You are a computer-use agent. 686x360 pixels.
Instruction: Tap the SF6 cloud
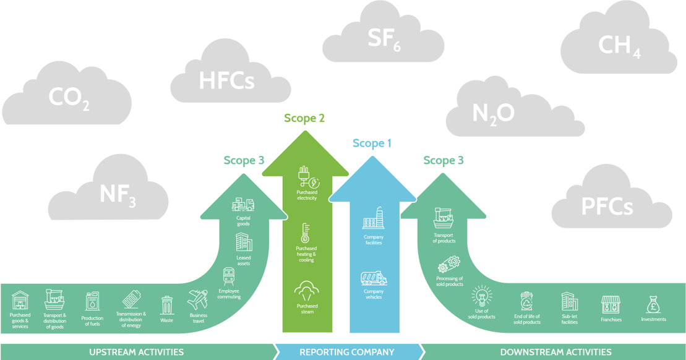[384, 38]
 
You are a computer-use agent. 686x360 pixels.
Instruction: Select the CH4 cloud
[619, 46]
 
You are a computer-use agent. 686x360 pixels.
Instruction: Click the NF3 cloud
[118, 193]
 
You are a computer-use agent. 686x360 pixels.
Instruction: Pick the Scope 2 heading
[304, 118]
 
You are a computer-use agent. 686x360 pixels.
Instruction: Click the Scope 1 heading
[372, 144]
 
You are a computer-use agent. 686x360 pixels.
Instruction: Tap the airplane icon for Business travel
[198, 300]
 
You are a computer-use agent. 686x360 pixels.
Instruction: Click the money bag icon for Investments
[653, 304]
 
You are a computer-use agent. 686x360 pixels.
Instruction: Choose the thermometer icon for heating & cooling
[305, 234]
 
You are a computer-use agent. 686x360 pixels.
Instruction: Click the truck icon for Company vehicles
[373, 278]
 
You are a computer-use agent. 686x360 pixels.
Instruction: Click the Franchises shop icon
[611, 304]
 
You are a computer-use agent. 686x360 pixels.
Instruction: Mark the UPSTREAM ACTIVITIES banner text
[136, 352]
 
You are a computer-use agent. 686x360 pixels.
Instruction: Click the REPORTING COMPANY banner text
[346, 352]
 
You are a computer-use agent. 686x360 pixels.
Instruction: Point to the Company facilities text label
[373, 240]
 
